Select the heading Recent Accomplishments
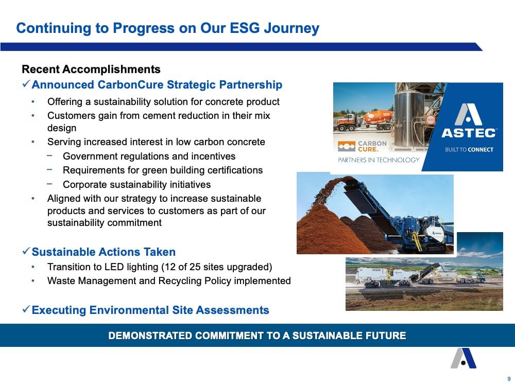pyautogui.click(x=91, y=69)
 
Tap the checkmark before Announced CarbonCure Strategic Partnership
pyautogui.click(x=26, y=84)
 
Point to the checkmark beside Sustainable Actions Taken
pyautogui.click(x=26, y=252)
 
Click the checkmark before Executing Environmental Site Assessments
pyautogui.click(x=26, y=309)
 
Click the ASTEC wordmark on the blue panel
pyautogui.click(x=469, y=133)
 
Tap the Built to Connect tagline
pyautogui.click(x=469, y=150)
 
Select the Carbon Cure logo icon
pyautogui.click(x=347, y=146)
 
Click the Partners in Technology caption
pyautogui.click(x=379, y=160)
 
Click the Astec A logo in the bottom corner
pyautogui.click(x=463, y=358)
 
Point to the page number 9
pyautogui.click(x=509, y=379)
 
